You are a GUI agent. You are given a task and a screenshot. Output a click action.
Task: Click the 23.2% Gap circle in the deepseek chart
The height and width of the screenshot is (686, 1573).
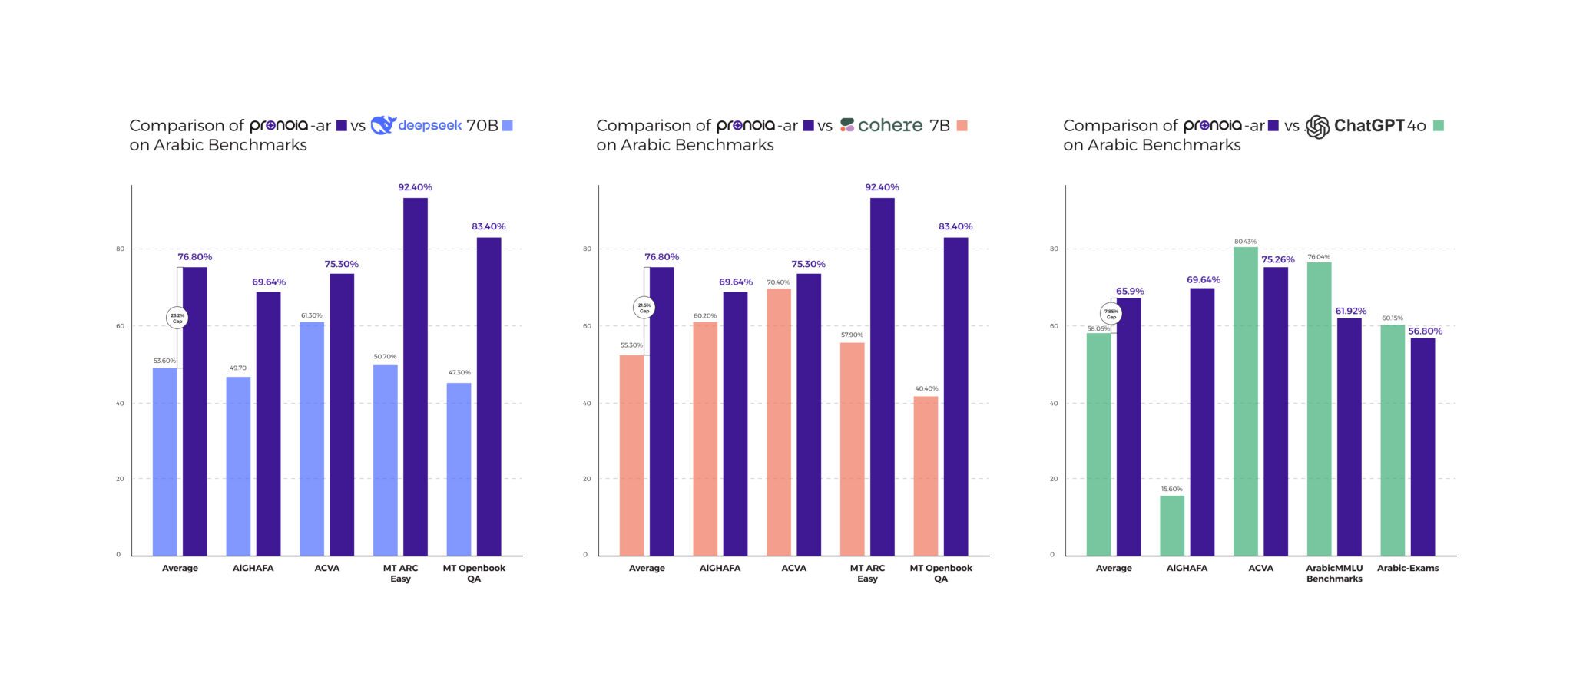click(177, 317)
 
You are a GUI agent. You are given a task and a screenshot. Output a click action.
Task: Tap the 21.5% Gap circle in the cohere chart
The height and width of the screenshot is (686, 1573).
click(644, 308)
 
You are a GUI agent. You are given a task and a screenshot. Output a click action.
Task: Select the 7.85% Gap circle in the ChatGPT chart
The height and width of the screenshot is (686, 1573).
click(1111, 313)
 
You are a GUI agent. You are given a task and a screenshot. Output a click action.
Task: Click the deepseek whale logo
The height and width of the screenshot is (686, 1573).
click(382, 125)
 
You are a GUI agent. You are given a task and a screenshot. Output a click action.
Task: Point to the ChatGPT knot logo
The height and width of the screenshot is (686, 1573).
click(1317, 127)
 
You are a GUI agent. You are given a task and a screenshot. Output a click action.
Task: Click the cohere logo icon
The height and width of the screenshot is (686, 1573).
click(847, 125)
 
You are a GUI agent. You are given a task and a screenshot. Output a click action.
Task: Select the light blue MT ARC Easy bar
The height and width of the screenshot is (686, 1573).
click(386, 460)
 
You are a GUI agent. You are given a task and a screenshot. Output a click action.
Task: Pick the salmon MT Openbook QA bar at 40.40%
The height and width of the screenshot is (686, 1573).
click(926, 476)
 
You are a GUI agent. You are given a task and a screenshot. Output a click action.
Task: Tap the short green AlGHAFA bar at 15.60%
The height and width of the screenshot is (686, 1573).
click(1172, 526)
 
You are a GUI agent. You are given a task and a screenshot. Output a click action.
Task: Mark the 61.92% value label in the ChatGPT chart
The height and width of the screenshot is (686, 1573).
click(1351, 311)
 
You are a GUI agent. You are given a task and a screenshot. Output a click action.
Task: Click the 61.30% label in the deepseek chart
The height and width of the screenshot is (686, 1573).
click(311, 315)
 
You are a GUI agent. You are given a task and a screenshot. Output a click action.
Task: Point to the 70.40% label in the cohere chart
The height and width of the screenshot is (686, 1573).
click(778, 282)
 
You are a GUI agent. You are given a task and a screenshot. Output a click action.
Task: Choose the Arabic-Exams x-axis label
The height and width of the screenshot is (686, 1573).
click(1408, 569)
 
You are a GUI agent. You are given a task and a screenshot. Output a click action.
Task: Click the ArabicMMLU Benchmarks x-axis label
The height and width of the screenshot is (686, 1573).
click(1334, 573)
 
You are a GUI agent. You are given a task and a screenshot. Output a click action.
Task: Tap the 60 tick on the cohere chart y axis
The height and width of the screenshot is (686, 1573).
click(587, 326)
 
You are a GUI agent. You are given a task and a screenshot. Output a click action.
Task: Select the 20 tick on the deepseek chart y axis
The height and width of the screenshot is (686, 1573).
click(120, 479)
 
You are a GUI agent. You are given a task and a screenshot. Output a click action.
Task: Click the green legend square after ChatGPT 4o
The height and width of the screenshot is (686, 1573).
click(1439, 126)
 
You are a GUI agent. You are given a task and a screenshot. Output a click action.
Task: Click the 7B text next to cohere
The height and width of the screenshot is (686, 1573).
click(939, 126)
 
